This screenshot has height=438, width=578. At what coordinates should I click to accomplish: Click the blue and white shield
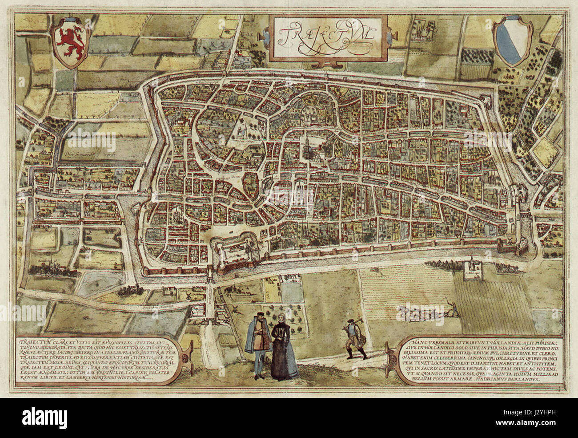509,43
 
